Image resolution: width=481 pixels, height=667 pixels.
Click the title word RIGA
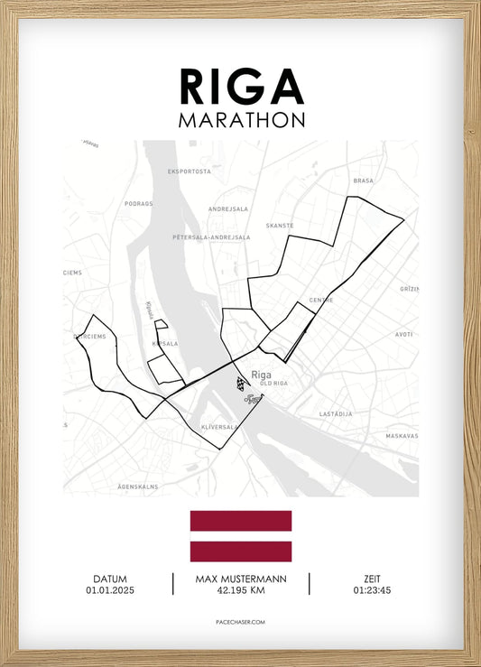(x=241, y=87)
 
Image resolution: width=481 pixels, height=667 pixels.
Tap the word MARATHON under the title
(x=241, y=120)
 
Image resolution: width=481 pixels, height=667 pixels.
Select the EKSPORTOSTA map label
(x=190, y=171)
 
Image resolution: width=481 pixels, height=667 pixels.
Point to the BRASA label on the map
(x=363, y=181)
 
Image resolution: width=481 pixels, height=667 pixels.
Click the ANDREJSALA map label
(x=227, y=208)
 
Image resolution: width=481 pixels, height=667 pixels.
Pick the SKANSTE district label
(x=281, y=227)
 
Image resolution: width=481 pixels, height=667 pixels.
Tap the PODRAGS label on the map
(x=139, y=204)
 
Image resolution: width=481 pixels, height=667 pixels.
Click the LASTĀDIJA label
(x=336, y=413)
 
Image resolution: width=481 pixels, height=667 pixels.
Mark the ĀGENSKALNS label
(x=137, y=486)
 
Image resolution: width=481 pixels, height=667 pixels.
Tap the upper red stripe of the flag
(x=241, y=521)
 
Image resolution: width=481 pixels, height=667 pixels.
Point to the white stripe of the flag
(x=241, y=536)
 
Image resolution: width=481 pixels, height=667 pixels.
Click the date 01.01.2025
(x=109, y=590)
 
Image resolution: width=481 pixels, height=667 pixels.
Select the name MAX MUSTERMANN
(x=241, y=579)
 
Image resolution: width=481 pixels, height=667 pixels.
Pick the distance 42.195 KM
(x=241, y=590)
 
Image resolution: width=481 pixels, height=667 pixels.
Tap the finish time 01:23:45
(x=372, y=590)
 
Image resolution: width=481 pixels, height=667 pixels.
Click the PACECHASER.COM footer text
(x=241, y=622)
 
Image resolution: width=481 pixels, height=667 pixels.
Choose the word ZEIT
(x=372, y=579)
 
